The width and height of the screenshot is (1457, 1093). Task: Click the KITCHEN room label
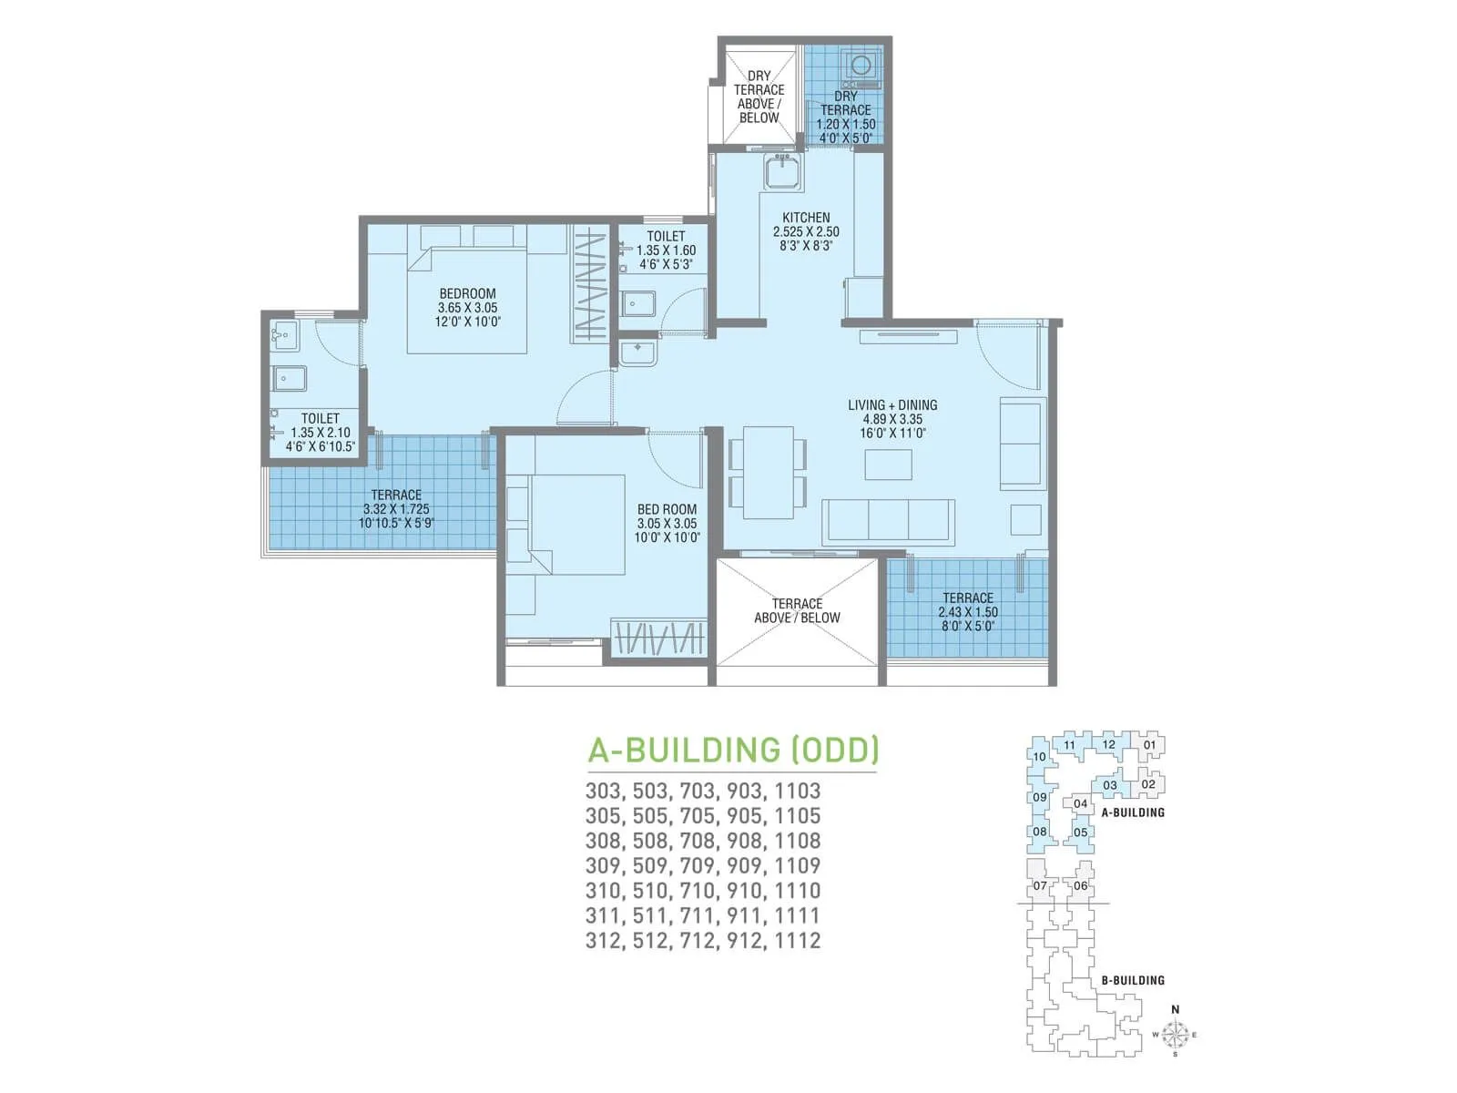pos(806,218)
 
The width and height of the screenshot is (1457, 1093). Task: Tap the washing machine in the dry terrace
pos(860,66)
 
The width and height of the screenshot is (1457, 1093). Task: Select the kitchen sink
pos(782,172)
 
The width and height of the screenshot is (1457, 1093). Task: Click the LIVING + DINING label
pos(892,405)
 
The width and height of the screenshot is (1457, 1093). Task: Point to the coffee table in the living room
pos(888,465)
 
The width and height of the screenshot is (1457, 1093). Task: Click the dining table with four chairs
pos(768,473)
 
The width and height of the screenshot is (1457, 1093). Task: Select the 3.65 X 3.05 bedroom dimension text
pos(467,308)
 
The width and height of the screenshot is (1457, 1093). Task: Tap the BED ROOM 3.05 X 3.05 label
pos(667,524)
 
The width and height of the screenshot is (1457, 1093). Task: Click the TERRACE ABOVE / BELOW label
pos(797,610)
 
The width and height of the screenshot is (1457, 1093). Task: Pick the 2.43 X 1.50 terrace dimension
pos(968,612)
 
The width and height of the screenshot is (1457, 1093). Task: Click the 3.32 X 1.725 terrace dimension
pos(396,509)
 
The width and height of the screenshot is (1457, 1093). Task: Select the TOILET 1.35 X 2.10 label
pos(320,433)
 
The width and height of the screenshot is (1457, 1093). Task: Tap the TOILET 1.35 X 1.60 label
pos(666,250)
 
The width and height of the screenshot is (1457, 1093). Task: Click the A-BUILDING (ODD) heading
pos(733,750)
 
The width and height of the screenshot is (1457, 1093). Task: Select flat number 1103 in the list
pos(798,791)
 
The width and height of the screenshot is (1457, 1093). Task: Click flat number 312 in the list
pos(604,940)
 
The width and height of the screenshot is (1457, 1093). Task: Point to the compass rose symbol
pos(1176,1034)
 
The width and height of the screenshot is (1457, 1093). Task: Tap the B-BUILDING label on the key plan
pos(1133,980)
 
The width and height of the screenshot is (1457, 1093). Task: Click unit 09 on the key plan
pos(1039,797)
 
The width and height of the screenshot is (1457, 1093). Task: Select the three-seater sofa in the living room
pos(888,522)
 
